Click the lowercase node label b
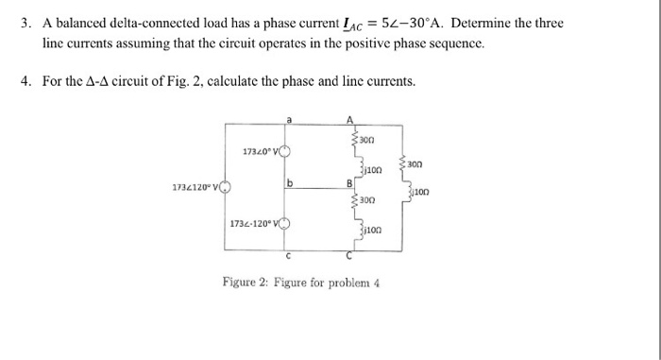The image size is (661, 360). [288, 180]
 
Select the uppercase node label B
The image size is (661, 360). [350, 181]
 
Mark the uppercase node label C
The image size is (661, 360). [349, 256]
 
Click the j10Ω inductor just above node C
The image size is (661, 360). [364, 229]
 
